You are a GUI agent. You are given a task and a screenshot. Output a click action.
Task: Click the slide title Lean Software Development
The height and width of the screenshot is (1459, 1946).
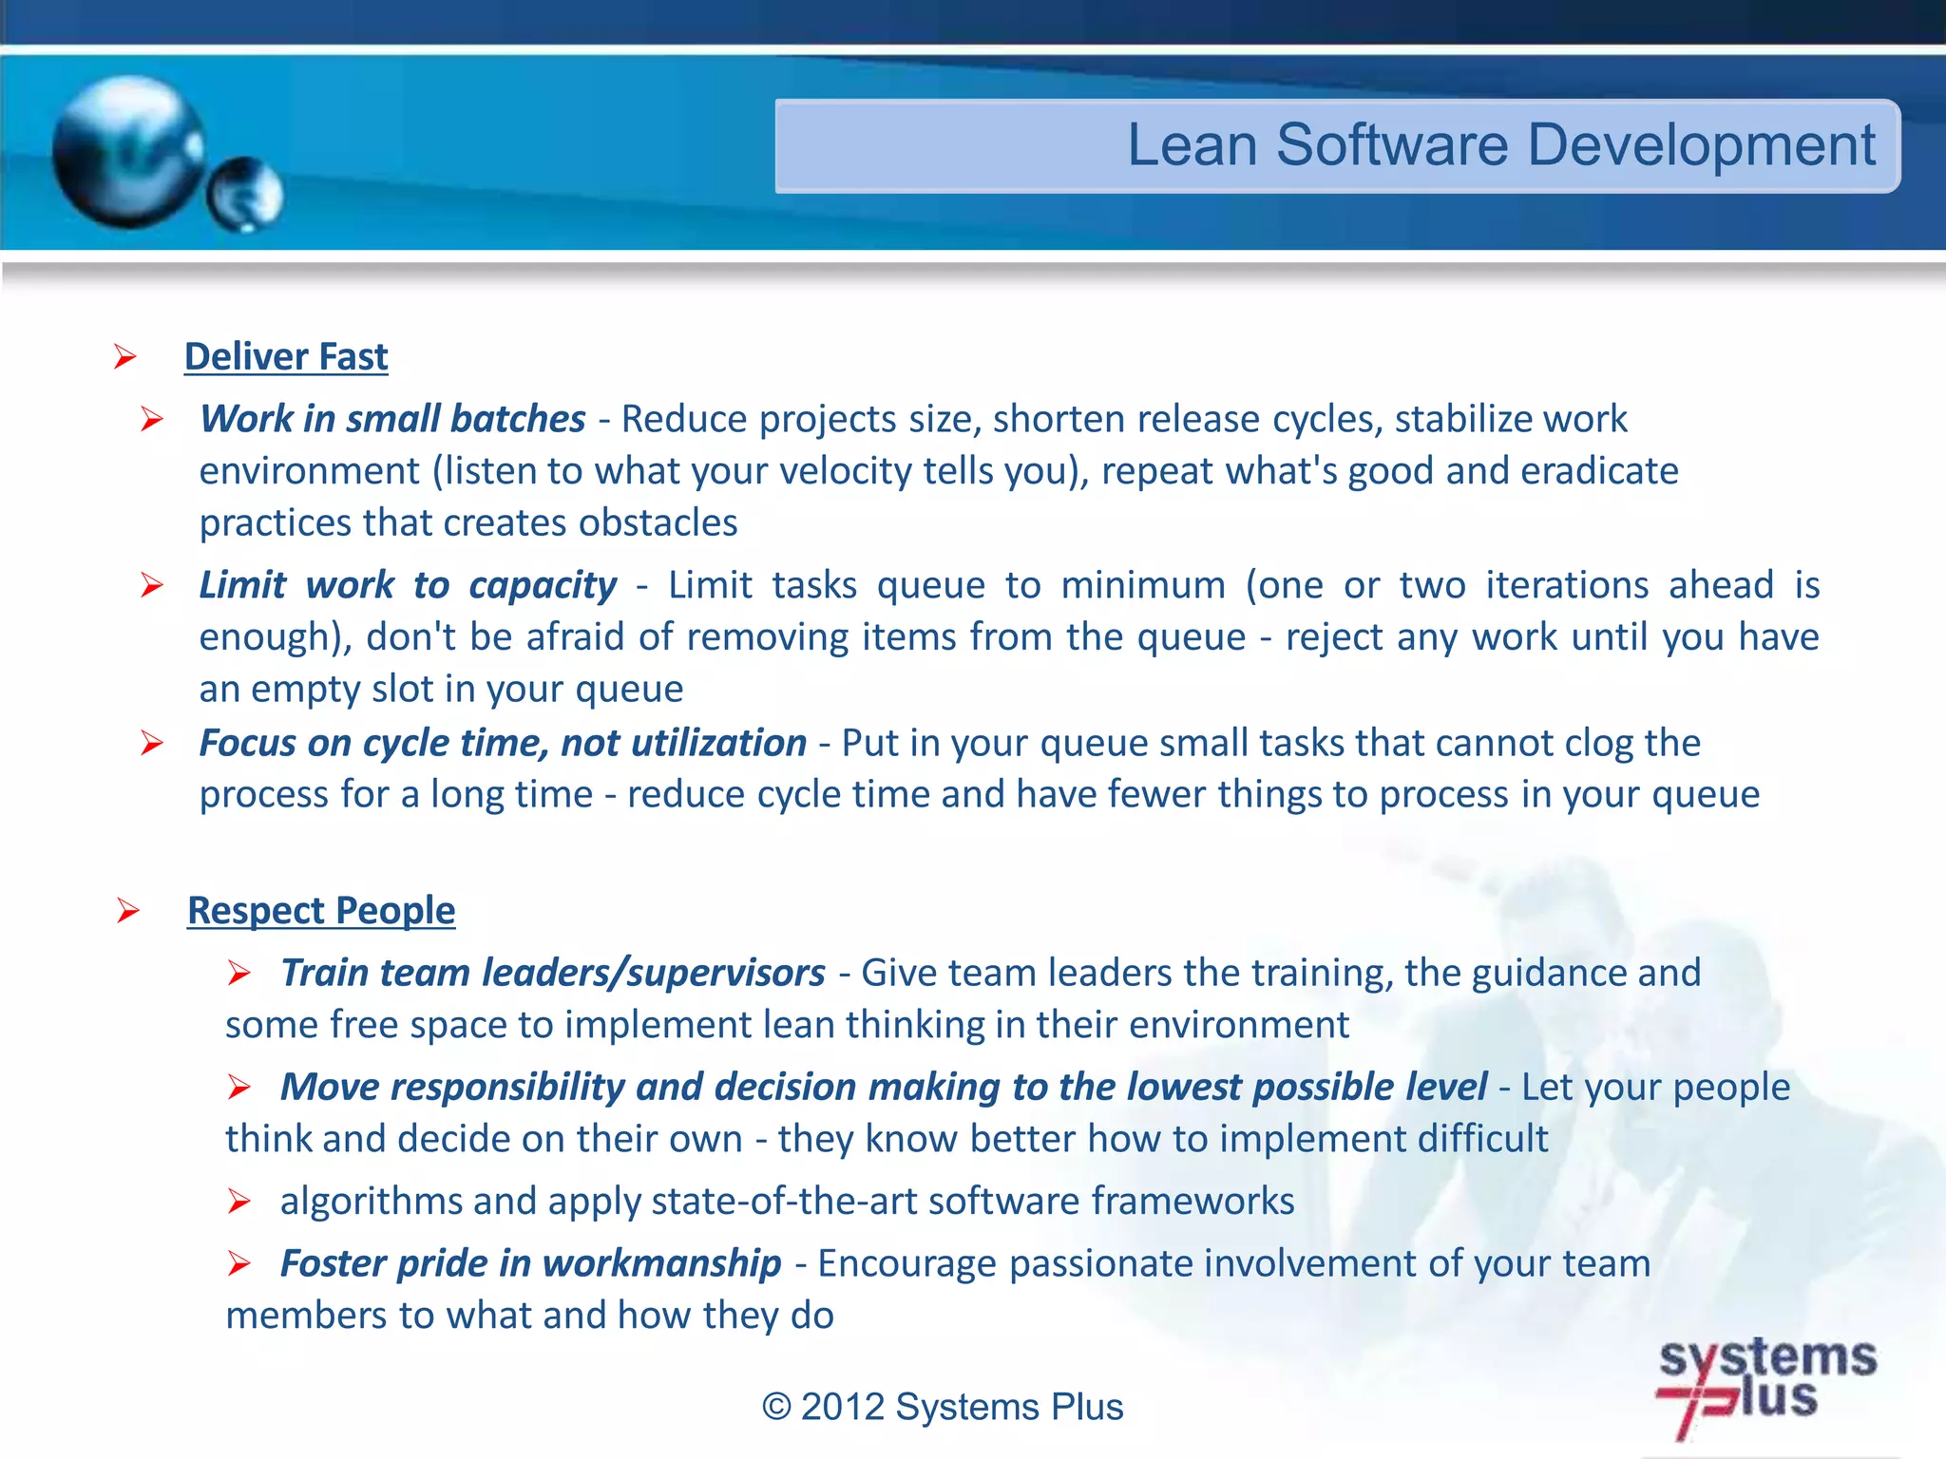(x=1500, y=145)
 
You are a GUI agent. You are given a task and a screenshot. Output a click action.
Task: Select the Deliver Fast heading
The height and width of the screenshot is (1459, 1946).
(x=286, y=357)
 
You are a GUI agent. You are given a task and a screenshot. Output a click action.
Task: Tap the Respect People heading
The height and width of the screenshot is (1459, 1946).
(x=321, y=911)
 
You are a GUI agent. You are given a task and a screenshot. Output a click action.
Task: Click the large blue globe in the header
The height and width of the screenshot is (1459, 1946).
(x=128, y=152)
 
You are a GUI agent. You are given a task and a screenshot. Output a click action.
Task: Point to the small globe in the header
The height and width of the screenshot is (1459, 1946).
(x=245, y=195)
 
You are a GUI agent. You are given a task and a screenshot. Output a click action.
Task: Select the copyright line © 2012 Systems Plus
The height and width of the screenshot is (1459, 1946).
(x=943, y=1407)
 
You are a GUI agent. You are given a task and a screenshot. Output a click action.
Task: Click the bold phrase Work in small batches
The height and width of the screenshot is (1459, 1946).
(x=392, y=419)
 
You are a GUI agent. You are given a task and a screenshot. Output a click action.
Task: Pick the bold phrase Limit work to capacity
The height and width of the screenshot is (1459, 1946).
(x=408, y=585)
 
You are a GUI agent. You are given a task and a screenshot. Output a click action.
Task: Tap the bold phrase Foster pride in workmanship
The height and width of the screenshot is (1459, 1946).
(x=530, y=1263)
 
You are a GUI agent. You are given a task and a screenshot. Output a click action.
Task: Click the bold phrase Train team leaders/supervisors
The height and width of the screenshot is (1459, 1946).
(x=553, y=973)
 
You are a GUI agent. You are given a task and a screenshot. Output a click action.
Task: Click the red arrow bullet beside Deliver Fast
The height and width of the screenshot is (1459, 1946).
(x=124, y=358)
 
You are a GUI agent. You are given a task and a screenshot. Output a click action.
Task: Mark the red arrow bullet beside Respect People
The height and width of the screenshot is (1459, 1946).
(x=127, y=912)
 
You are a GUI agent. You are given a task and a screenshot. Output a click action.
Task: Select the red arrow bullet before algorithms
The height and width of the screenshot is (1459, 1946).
(x=238, y=1203)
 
